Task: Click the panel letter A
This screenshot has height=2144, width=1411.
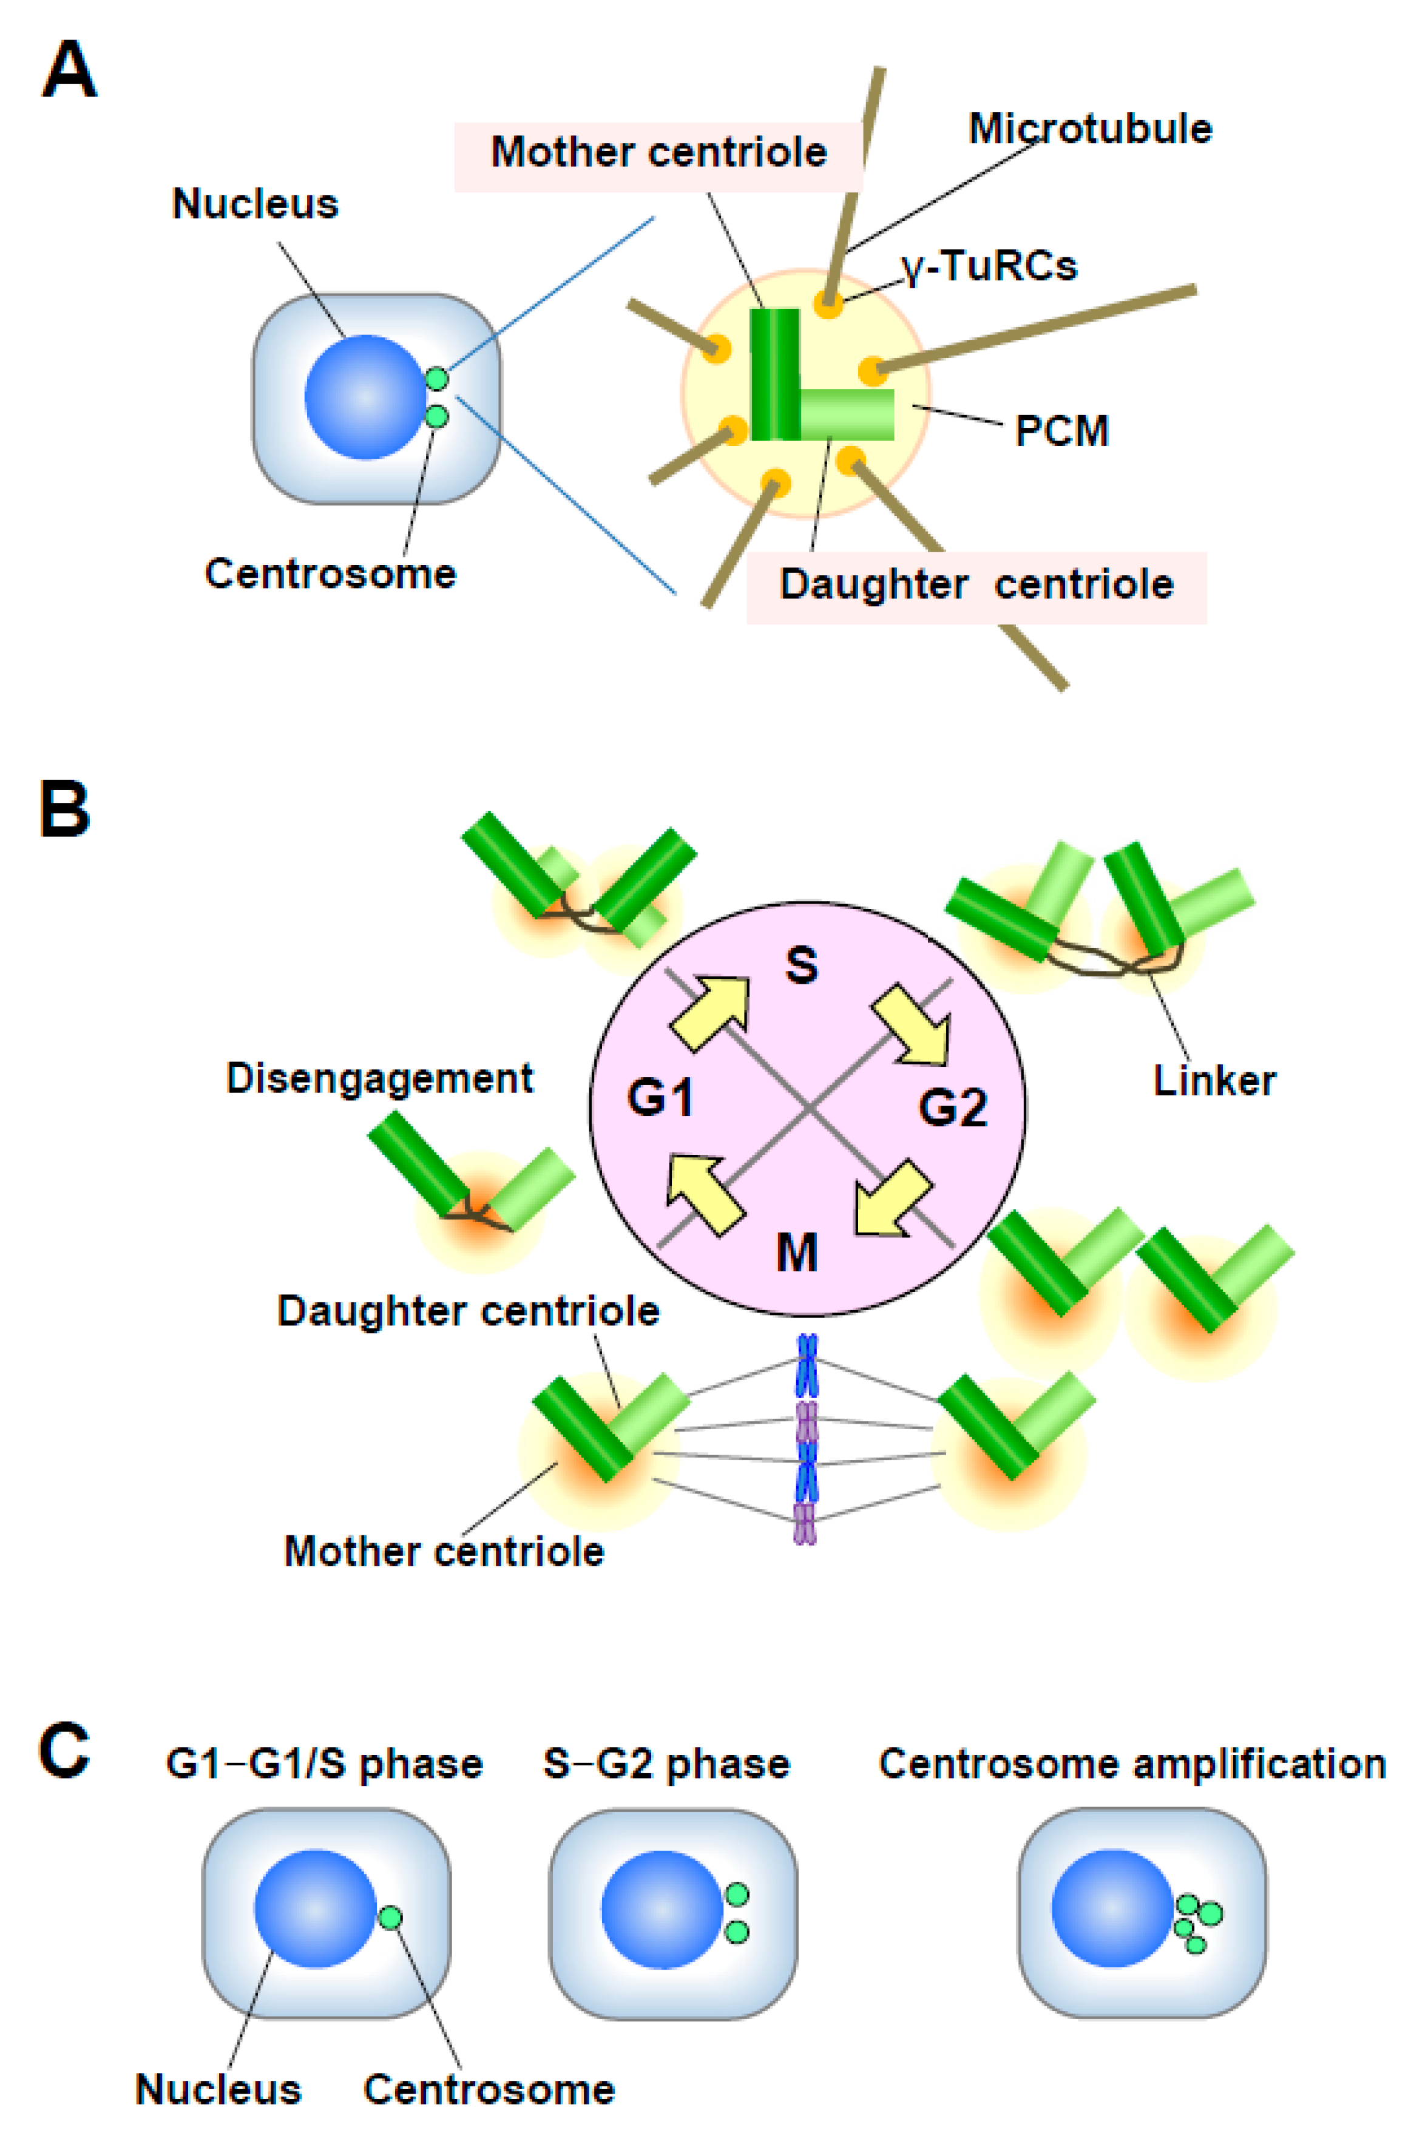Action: coord(69,72)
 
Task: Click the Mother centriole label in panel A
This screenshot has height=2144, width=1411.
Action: coord(658,152)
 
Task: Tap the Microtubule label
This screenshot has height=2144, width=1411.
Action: coord(1089,129)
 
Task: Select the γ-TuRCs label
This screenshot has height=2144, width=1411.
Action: coord(989,266)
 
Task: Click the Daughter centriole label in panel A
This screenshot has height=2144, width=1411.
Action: coord(976,584)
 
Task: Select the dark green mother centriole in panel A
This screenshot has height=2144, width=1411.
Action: coord(775,374)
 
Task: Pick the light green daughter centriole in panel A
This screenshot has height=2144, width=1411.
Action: coord(847,414)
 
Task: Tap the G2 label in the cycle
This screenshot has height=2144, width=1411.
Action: coord(952,1107)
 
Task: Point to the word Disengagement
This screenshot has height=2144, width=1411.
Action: coord(379,1078)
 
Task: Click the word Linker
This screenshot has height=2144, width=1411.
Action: coord(1214,1081)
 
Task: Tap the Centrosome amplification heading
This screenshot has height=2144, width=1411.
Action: coord(1132,1764)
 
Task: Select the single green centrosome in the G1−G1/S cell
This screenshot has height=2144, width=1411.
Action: coord(390,1918)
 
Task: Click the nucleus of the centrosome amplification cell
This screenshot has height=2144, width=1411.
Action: coord(1113,1907)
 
